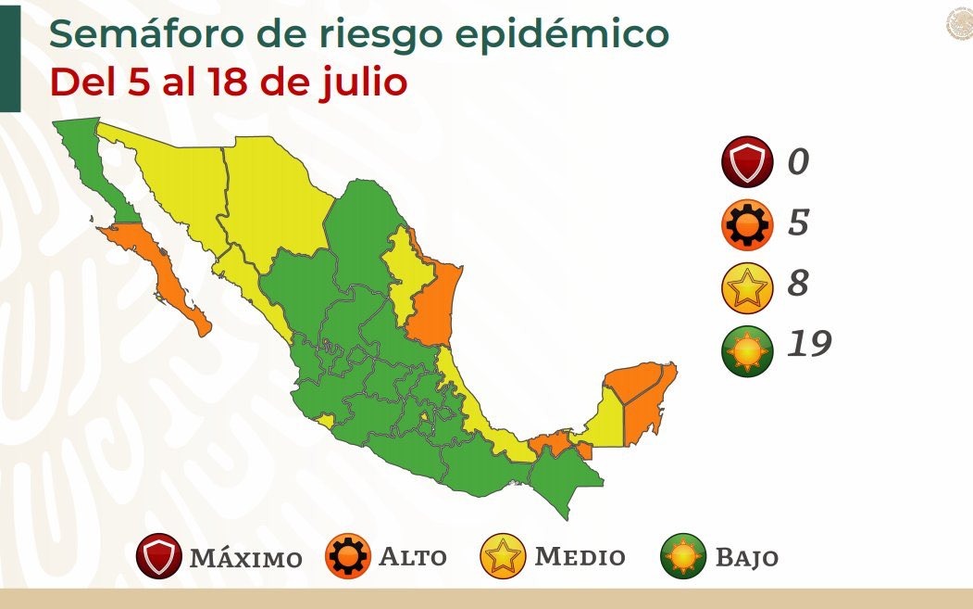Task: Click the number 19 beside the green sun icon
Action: [809, 344]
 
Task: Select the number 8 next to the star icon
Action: [798, 284]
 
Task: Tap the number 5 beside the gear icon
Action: [798, 223]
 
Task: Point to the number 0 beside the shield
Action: [798, 162]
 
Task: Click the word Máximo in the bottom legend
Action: [245, 558]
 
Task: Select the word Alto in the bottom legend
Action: [413, 557]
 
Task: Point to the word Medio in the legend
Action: [580, 557]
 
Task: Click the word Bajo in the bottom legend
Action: [746, 558]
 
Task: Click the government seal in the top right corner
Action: [959, 24]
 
